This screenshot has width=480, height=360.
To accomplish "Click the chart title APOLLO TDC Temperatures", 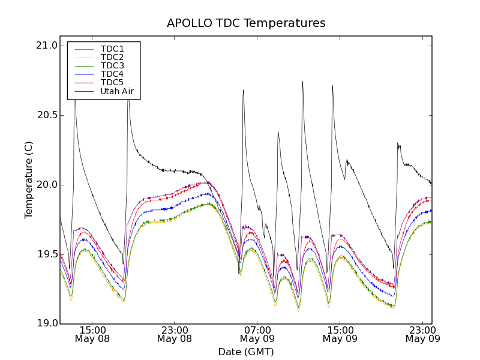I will (x=246, y=23).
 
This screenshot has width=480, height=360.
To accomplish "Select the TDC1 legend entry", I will (x=112, y=49).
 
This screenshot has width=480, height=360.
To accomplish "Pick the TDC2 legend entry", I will (x=112, y=57).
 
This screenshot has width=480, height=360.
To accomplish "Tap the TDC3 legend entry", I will (x=112, y=65).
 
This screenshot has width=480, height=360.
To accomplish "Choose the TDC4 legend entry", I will (x=112, y=74).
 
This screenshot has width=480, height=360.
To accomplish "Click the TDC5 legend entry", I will (x=112, y=82).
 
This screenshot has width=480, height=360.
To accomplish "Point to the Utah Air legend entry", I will (x=117, y=91).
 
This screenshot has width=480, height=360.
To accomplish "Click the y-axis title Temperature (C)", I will (x=29, y=180).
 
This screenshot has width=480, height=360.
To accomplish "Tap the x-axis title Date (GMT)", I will (x=246, y=352).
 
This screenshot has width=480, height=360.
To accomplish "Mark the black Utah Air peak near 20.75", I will (x=302, y=82).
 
